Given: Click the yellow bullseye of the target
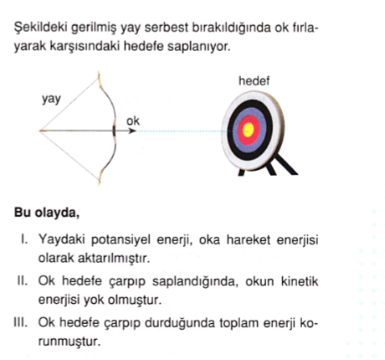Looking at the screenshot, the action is click(x=248, y=130).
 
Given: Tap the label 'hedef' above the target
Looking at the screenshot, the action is click(x=254, y=81).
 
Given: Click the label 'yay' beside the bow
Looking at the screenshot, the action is click(x=51, y=100).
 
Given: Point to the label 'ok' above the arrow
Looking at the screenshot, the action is click(x=133, y=121).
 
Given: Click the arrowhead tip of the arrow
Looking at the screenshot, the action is click(x=136, y=131).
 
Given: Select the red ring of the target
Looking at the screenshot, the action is click(x=240, y=130).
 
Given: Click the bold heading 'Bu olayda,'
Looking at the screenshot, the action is click(x=47, y=213).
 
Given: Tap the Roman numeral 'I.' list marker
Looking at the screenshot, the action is click(x=24, y=239).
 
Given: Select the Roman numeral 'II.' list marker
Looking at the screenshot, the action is click(x=23, y=280).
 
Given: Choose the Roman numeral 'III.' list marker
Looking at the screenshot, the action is click(x=21, y=322).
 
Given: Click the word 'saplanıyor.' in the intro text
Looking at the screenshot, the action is click(x=199, y=47).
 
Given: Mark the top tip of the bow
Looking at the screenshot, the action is click(x=99, y=72).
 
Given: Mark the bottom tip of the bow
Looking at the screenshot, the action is click(x=99, y=183).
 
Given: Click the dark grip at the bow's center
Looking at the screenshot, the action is click(x=114, y=131).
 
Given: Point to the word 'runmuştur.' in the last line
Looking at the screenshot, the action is click(x=69, y=342).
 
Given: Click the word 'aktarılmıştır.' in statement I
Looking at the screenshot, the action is click(x=114, y=258).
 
